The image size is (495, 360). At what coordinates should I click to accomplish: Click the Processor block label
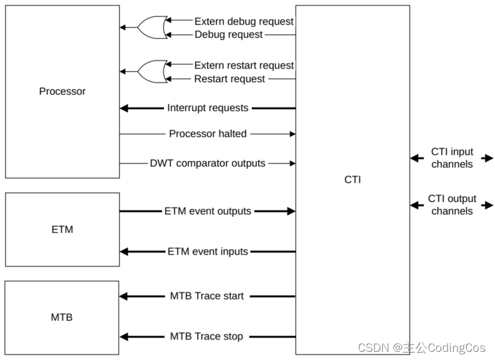click(62, 91)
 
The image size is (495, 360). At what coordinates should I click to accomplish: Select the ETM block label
click(62, 230)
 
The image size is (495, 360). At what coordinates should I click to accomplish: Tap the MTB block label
click(62, 318)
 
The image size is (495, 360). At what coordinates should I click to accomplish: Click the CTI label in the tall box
click(352, 180)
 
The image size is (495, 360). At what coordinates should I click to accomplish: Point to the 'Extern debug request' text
click(244, 21)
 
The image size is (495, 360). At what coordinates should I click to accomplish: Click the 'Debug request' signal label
click(229, 35)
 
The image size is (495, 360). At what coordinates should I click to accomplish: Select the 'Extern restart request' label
click(244, 66)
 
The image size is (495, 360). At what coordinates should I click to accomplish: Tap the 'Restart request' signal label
click(229, 79)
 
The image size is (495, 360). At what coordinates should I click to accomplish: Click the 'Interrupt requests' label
click(208, 108)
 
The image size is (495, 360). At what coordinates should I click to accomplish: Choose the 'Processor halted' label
click(208, 134)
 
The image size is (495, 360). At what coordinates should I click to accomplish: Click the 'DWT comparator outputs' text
click(208, 163)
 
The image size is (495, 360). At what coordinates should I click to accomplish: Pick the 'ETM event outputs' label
click(208, 212)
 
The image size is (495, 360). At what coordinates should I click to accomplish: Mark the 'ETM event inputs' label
click(208, 251)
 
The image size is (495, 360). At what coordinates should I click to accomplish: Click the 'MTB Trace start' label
click(207, 296)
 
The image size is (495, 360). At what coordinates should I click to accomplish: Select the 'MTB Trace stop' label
click(207, 337)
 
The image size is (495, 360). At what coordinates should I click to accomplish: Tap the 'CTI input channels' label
click(452, 158)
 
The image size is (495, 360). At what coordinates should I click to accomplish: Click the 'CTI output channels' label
click(452, 205)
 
